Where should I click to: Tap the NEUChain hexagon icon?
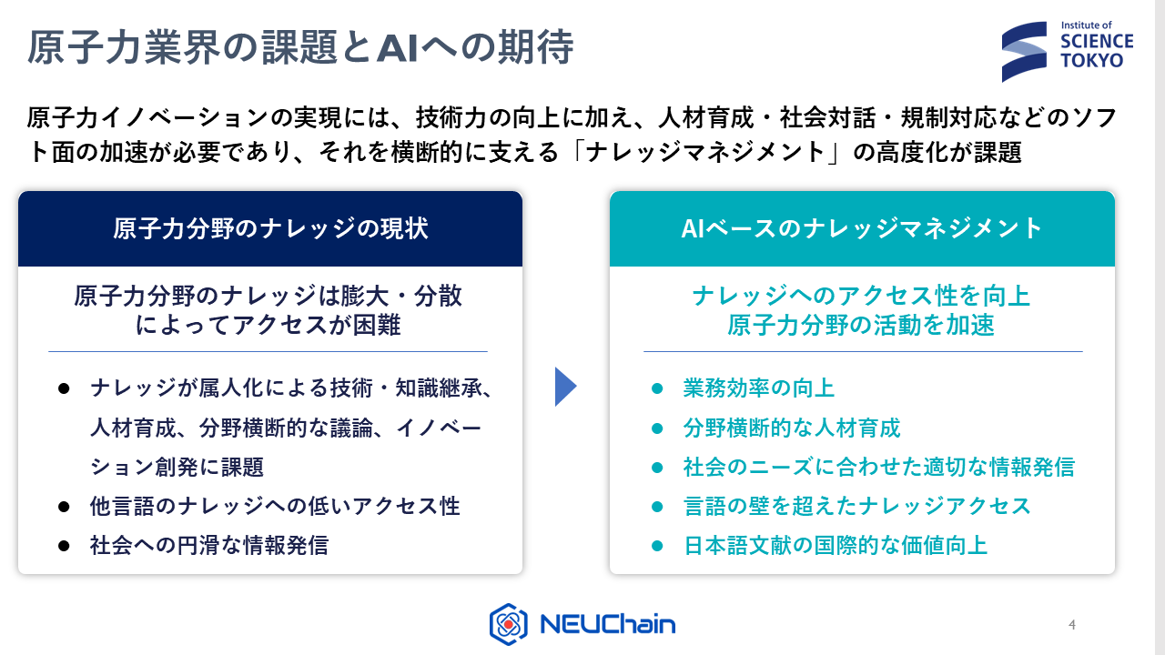(x=509, y=624)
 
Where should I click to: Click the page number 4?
(x=1072, y=625)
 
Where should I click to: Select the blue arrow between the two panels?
(x=565, y=387)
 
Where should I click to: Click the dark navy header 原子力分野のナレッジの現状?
(x=270, y=228)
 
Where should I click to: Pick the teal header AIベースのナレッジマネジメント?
(x=862, y=228)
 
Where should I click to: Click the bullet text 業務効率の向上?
(x=758, y=388)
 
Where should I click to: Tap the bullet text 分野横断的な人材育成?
(x=791, y=428)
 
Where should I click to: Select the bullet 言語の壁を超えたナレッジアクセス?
(x=856, y=506)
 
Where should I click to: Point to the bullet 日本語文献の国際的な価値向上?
(x=835, y=546)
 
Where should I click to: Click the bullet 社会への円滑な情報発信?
(x=208, y=546)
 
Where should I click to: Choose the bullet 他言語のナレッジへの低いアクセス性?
(x=274, y=506)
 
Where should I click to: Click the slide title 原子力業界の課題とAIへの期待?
(x=300, y=49)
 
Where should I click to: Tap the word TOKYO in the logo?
(x=1091, y=60)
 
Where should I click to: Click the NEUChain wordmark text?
(x=607, y=625)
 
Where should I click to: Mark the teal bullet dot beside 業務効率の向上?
(x=656, y=388)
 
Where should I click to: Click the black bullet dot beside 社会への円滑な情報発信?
(x=64, y=546)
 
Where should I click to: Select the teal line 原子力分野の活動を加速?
(x=860, y=325)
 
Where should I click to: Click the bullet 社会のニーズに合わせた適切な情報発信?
(x=878, y=467)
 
